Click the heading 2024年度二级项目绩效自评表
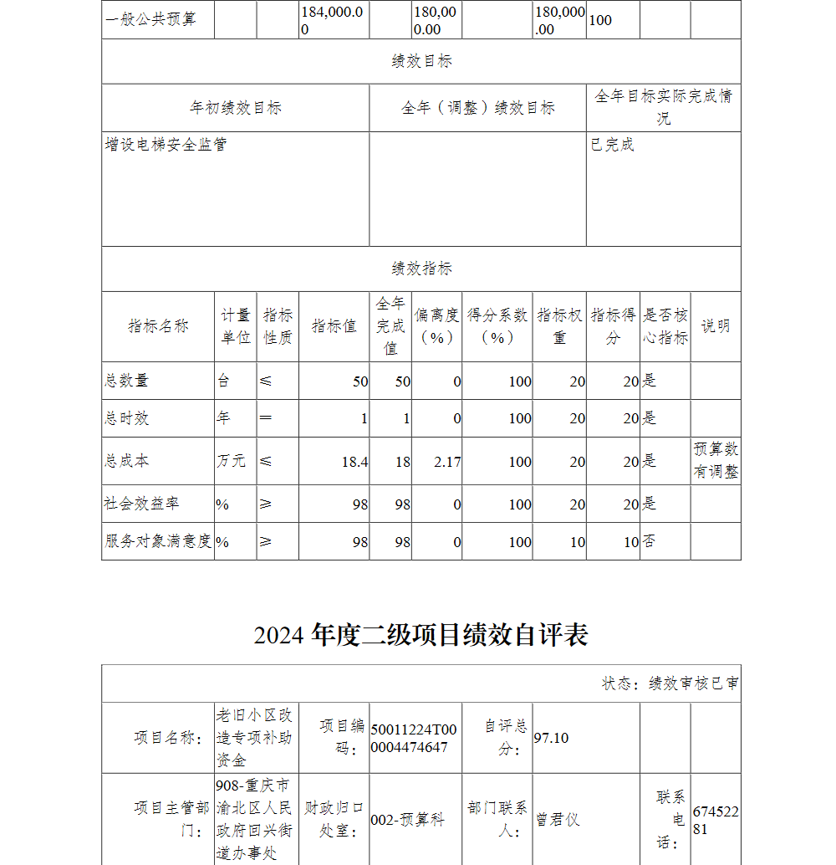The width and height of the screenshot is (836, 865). click(x=421, y=635)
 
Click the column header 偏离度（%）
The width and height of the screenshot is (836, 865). click(x=437, y=326)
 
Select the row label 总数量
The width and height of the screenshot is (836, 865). click(x=126, y=381)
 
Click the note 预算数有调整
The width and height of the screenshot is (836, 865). click(x=716, y=460)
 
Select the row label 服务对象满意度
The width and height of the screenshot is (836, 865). click(x=158, y=541)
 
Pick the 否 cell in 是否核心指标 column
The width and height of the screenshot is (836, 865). click(x=650, y=541)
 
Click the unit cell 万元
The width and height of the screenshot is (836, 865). click(x=232, y=461)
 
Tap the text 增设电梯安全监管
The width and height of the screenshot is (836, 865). click(x=166, y=145)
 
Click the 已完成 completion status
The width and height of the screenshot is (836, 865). click(x=613, y=145)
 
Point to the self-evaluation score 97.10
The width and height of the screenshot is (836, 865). click(x=551, y=737)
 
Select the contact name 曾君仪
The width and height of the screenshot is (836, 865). click(x=558, y=820)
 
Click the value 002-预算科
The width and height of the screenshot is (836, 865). click(x=407, y=820)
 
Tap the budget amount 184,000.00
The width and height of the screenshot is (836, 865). click(x=333, y=20)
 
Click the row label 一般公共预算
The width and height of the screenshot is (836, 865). click(x=150, y=19)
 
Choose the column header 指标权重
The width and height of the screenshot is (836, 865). click(x=559, y=326)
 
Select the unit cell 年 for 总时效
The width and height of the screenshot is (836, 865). click(x=223, y=418)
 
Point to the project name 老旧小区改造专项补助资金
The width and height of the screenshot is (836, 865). click(x=254, y=737)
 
